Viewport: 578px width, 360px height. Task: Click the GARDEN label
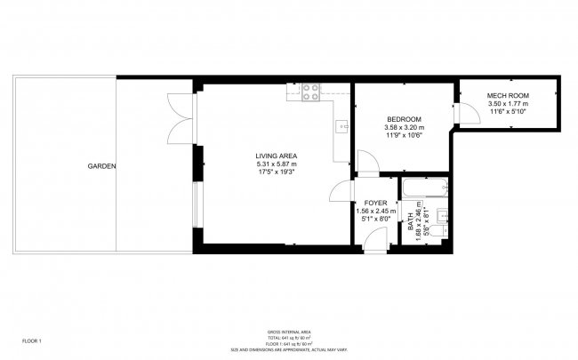(x=101, y=166)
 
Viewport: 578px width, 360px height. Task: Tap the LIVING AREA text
(x=276, y=156)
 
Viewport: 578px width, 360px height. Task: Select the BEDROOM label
(x=404, y=119)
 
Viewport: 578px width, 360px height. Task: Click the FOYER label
(x=374, y=203)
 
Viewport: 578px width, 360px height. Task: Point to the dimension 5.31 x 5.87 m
(x=276, y=164)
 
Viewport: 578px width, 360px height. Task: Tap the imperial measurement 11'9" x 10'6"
(x=404, y=135)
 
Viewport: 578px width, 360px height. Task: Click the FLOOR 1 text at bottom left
(x=32, y=340)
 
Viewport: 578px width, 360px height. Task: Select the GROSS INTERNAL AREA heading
(x=289, y=332)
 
